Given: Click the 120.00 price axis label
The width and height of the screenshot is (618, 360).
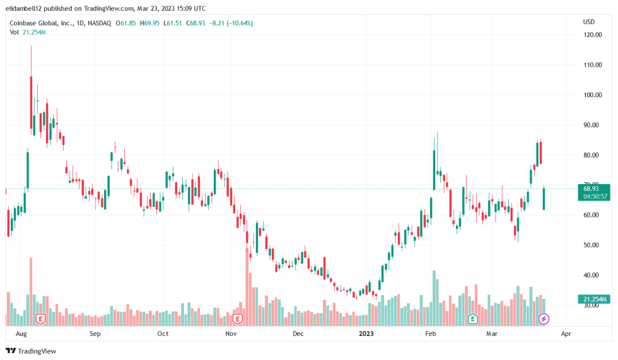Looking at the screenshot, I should pos(592,35).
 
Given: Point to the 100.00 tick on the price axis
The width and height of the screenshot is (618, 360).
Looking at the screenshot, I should pos(592,95).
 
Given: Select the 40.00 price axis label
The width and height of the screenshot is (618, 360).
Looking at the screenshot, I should pos(591,275).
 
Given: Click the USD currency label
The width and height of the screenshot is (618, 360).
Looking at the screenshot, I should pos(589,21).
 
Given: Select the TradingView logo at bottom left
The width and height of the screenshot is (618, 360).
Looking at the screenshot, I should pos(31,351).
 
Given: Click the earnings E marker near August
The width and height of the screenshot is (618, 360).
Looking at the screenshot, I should pos(41,319).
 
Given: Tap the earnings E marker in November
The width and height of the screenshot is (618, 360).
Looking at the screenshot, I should pos(238,319).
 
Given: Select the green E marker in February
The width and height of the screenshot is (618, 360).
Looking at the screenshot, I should pos(472,319).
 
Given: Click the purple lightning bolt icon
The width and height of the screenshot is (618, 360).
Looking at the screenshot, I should pos(544,319).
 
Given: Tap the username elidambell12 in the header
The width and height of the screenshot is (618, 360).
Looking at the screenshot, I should pos(26,9).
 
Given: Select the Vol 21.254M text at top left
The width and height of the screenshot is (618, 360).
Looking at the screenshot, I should pos(27,32).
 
